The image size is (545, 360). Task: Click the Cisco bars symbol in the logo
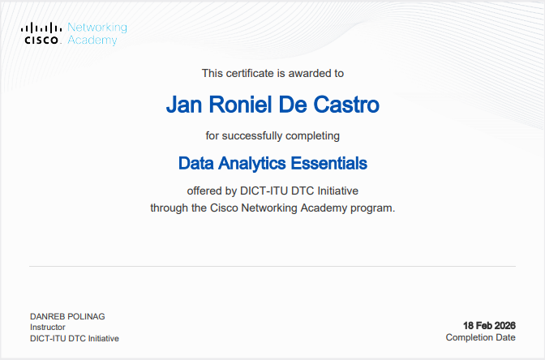41,28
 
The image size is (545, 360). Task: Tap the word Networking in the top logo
97,28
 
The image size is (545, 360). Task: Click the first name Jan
182,105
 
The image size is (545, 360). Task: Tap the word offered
206,191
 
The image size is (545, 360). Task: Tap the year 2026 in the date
503,324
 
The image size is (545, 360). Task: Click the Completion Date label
480,337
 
